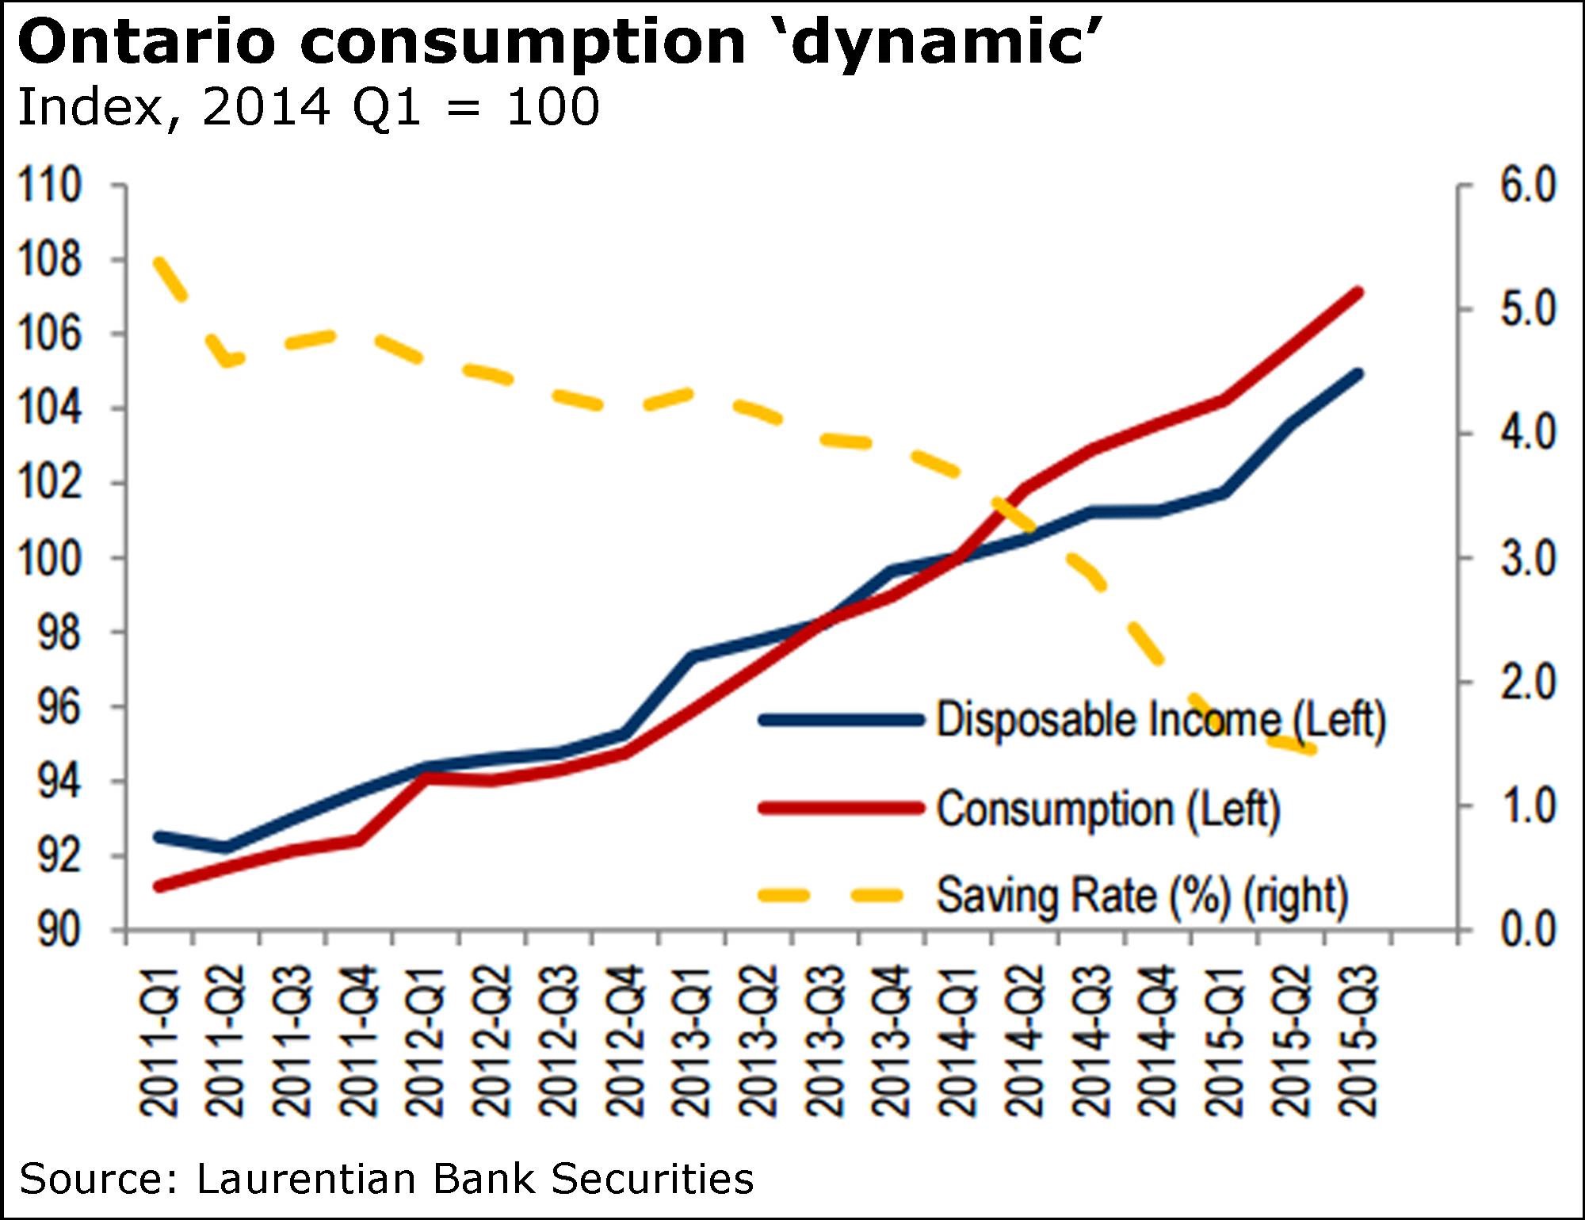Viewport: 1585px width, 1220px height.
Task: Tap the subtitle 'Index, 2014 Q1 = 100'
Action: (x=308, y=107)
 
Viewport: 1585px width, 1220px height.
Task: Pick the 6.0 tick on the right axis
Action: (x=1528, y=185)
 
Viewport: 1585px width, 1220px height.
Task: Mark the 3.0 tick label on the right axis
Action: (x=1528, y=558)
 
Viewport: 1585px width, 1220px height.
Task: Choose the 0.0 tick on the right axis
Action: (x=1528, y=929)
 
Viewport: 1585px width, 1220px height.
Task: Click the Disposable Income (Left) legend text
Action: (x=1160, y=720)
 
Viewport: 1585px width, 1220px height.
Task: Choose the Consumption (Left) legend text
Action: (x=1108, y=809)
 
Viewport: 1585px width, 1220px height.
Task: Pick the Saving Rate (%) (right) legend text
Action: (x=1142, y=896)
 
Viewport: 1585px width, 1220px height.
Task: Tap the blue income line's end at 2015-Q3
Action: (x=1358, y=373)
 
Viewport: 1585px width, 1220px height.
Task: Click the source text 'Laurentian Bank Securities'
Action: (x=475, y=1179)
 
